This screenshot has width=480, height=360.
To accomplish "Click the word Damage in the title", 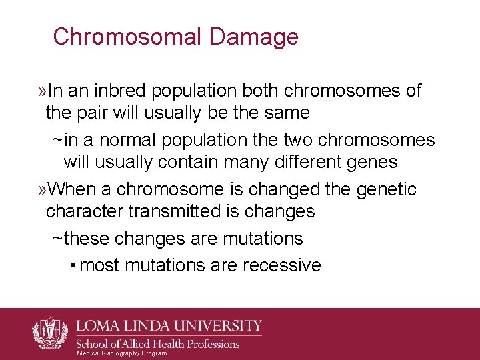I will click(x=255, y=37).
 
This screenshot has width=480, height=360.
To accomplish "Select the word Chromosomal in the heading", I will click(x=127, y=37).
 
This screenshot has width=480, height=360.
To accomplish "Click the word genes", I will click(x=369, y=162).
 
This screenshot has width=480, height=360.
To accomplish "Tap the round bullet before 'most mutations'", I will click(x=71, y=266).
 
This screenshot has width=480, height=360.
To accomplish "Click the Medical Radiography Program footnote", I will click(x=122, y=353).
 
